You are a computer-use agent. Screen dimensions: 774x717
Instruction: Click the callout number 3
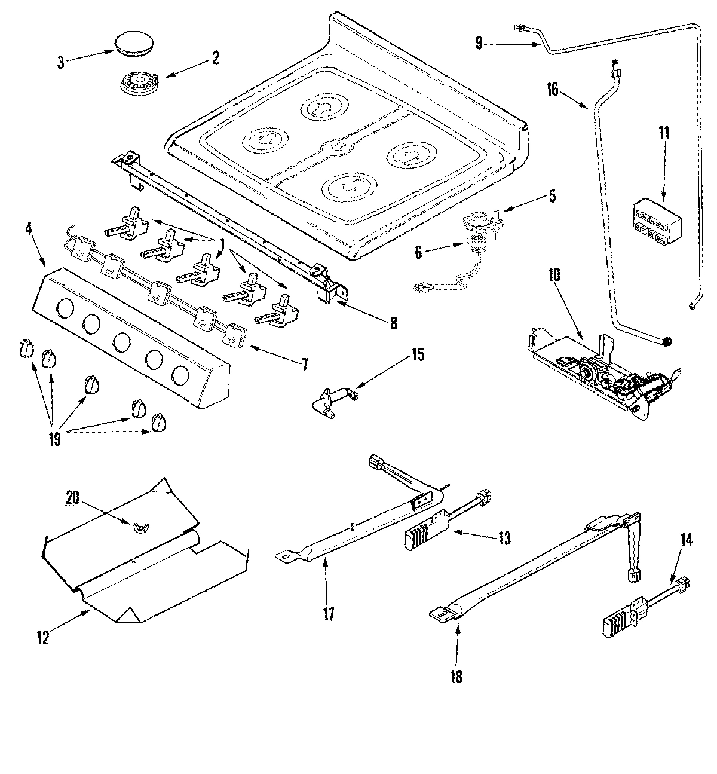click(x=60, y=62)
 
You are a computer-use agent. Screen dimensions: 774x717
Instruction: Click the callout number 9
click(x=479, y=42)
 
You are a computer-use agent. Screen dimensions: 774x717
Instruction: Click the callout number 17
click(x=328, y=614)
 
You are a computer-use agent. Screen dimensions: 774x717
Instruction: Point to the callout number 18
click(x=457, y=677)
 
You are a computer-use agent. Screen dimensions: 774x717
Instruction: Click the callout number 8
click(x=393, y=323)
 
